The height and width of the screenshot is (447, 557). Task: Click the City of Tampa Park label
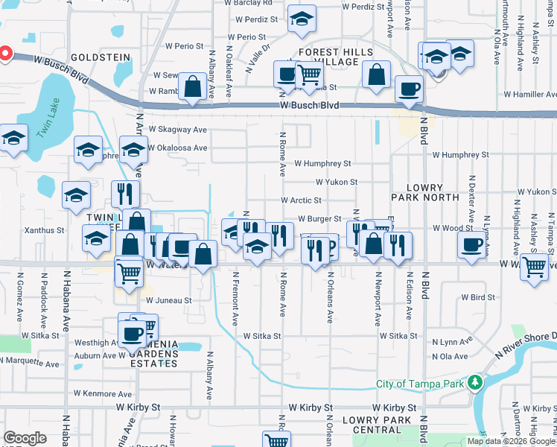(419, 384)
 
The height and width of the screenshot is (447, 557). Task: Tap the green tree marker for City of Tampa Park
(474, 384)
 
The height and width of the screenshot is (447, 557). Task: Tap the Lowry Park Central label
(377, 425)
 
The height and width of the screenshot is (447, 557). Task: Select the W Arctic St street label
(301, 200)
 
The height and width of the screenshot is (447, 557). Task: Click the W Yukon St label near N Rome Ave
(337, 182)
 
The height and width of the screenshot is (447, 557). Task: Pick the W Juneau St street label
(168, 300)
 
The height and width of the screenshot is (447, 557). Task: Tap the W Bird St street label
(478, 297)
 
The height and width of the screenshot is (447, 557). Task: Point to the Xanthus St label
(44, 231)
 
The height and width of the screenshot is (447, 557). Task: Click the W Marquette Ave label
(30, 364)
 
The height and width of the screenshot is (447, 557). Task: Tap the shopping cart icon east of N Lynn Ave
(534, 266)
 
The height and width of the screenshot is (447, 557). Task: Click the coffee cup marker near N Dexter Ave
(471, 244)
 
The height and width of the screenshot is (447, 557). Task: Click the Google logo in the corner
(25, 438)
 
